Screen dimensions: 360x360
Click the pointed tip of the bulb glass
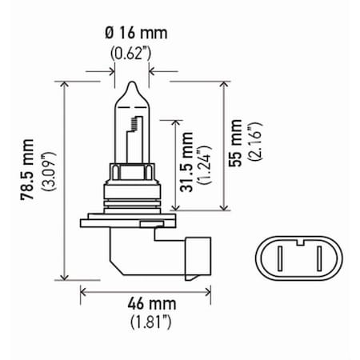tap(130, 82)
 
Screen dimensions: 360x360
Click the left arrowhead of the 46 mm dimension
tap(82, 292)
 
